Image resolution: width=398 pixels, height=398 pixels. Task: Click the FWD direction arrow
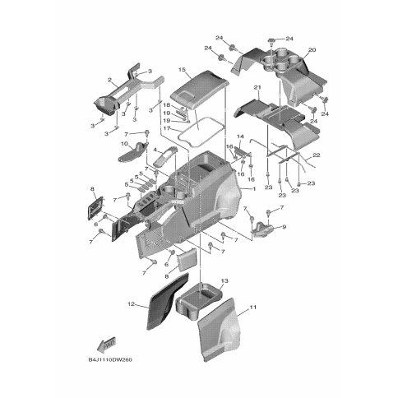click(107, 344)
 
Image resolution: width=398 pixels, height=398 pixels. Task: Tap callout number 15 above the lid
click(182, 70)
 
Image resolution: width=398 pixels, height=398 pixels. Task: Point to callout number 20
click(312, 50)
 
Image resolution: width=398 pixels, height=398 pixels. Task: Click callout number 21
click(257, 87)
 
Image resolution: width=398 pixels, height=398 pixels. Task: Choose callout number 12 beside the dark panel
click(132, 304)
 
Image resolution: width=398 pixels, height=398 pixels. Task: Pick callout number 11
click(252, 308)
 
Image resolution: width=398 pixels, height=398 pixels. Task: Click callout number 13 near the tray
click(224, 281)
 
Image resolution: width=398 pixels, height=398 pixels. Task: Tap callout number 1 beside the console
click(254, 189)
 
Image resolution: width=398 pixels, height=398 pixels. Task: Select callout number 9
click(284, 227)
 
